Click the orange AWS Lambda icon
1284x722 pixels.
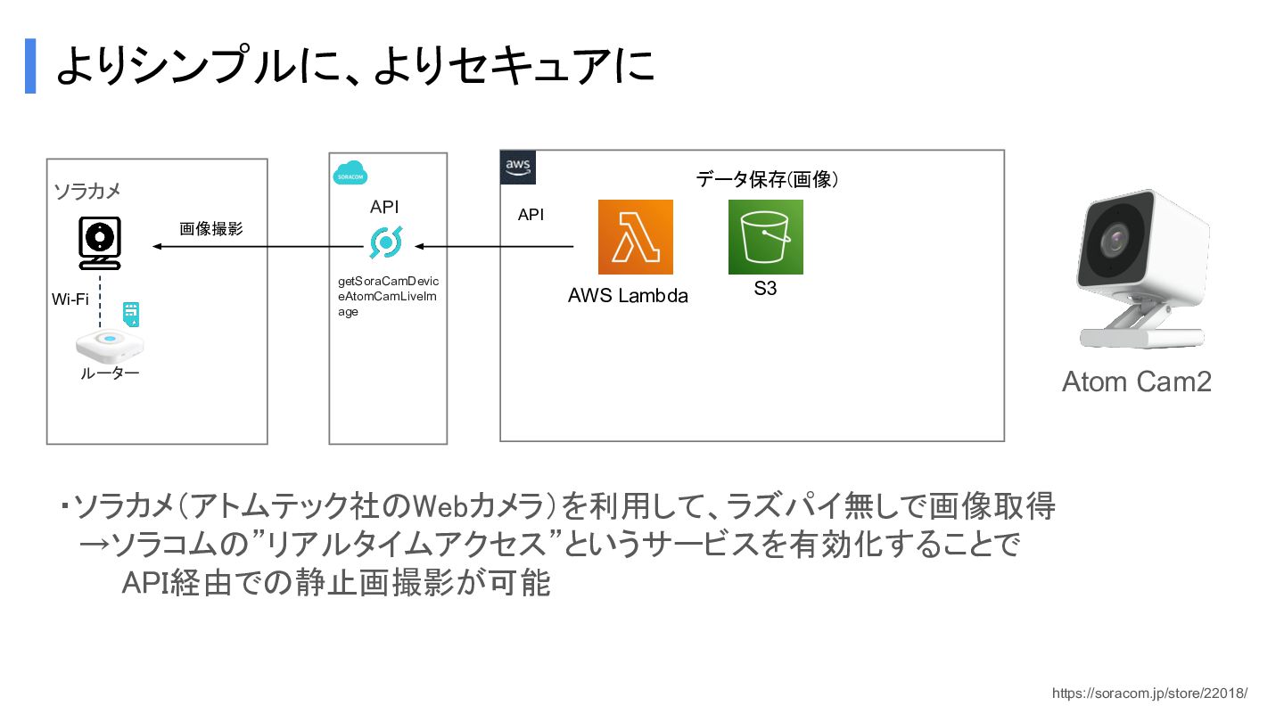coord(635,237)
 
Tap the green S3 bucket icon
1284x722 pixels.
coord(765,237)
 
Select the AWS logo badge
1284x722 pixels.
coord(518,167)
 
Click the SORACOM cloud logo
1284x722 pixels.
coord(350,174)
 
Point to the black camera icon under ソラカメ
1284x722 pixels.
coord(100,242)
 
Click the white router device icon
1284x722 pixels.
coord(110,341)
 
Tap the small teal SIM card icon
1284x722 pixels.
coord(132,313)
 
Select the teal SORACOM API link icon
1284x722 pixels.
coord(386,242)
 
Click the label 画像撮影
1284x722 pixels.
coord(210,228)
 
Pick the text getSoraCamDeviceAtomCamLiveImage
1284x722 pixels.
coord(387,297)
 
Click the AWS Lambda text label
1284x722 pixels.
coord(628,296)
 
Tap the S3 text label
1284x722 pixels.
coord(765,289)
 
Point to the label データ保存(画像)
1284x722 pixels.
coord(767,179)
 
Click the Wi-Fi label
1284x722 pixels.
coord(70,299)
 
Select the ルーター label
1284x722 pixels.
coord(110,373)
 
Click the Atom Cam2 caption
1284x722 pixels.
coord(1136,382)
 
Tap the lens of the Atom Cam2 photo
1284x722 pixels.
coord(1115,239)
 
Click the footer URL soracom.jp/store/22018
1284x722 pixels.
coord(1149,693)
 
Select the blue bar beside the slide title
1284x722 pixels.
coord(30,66)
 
